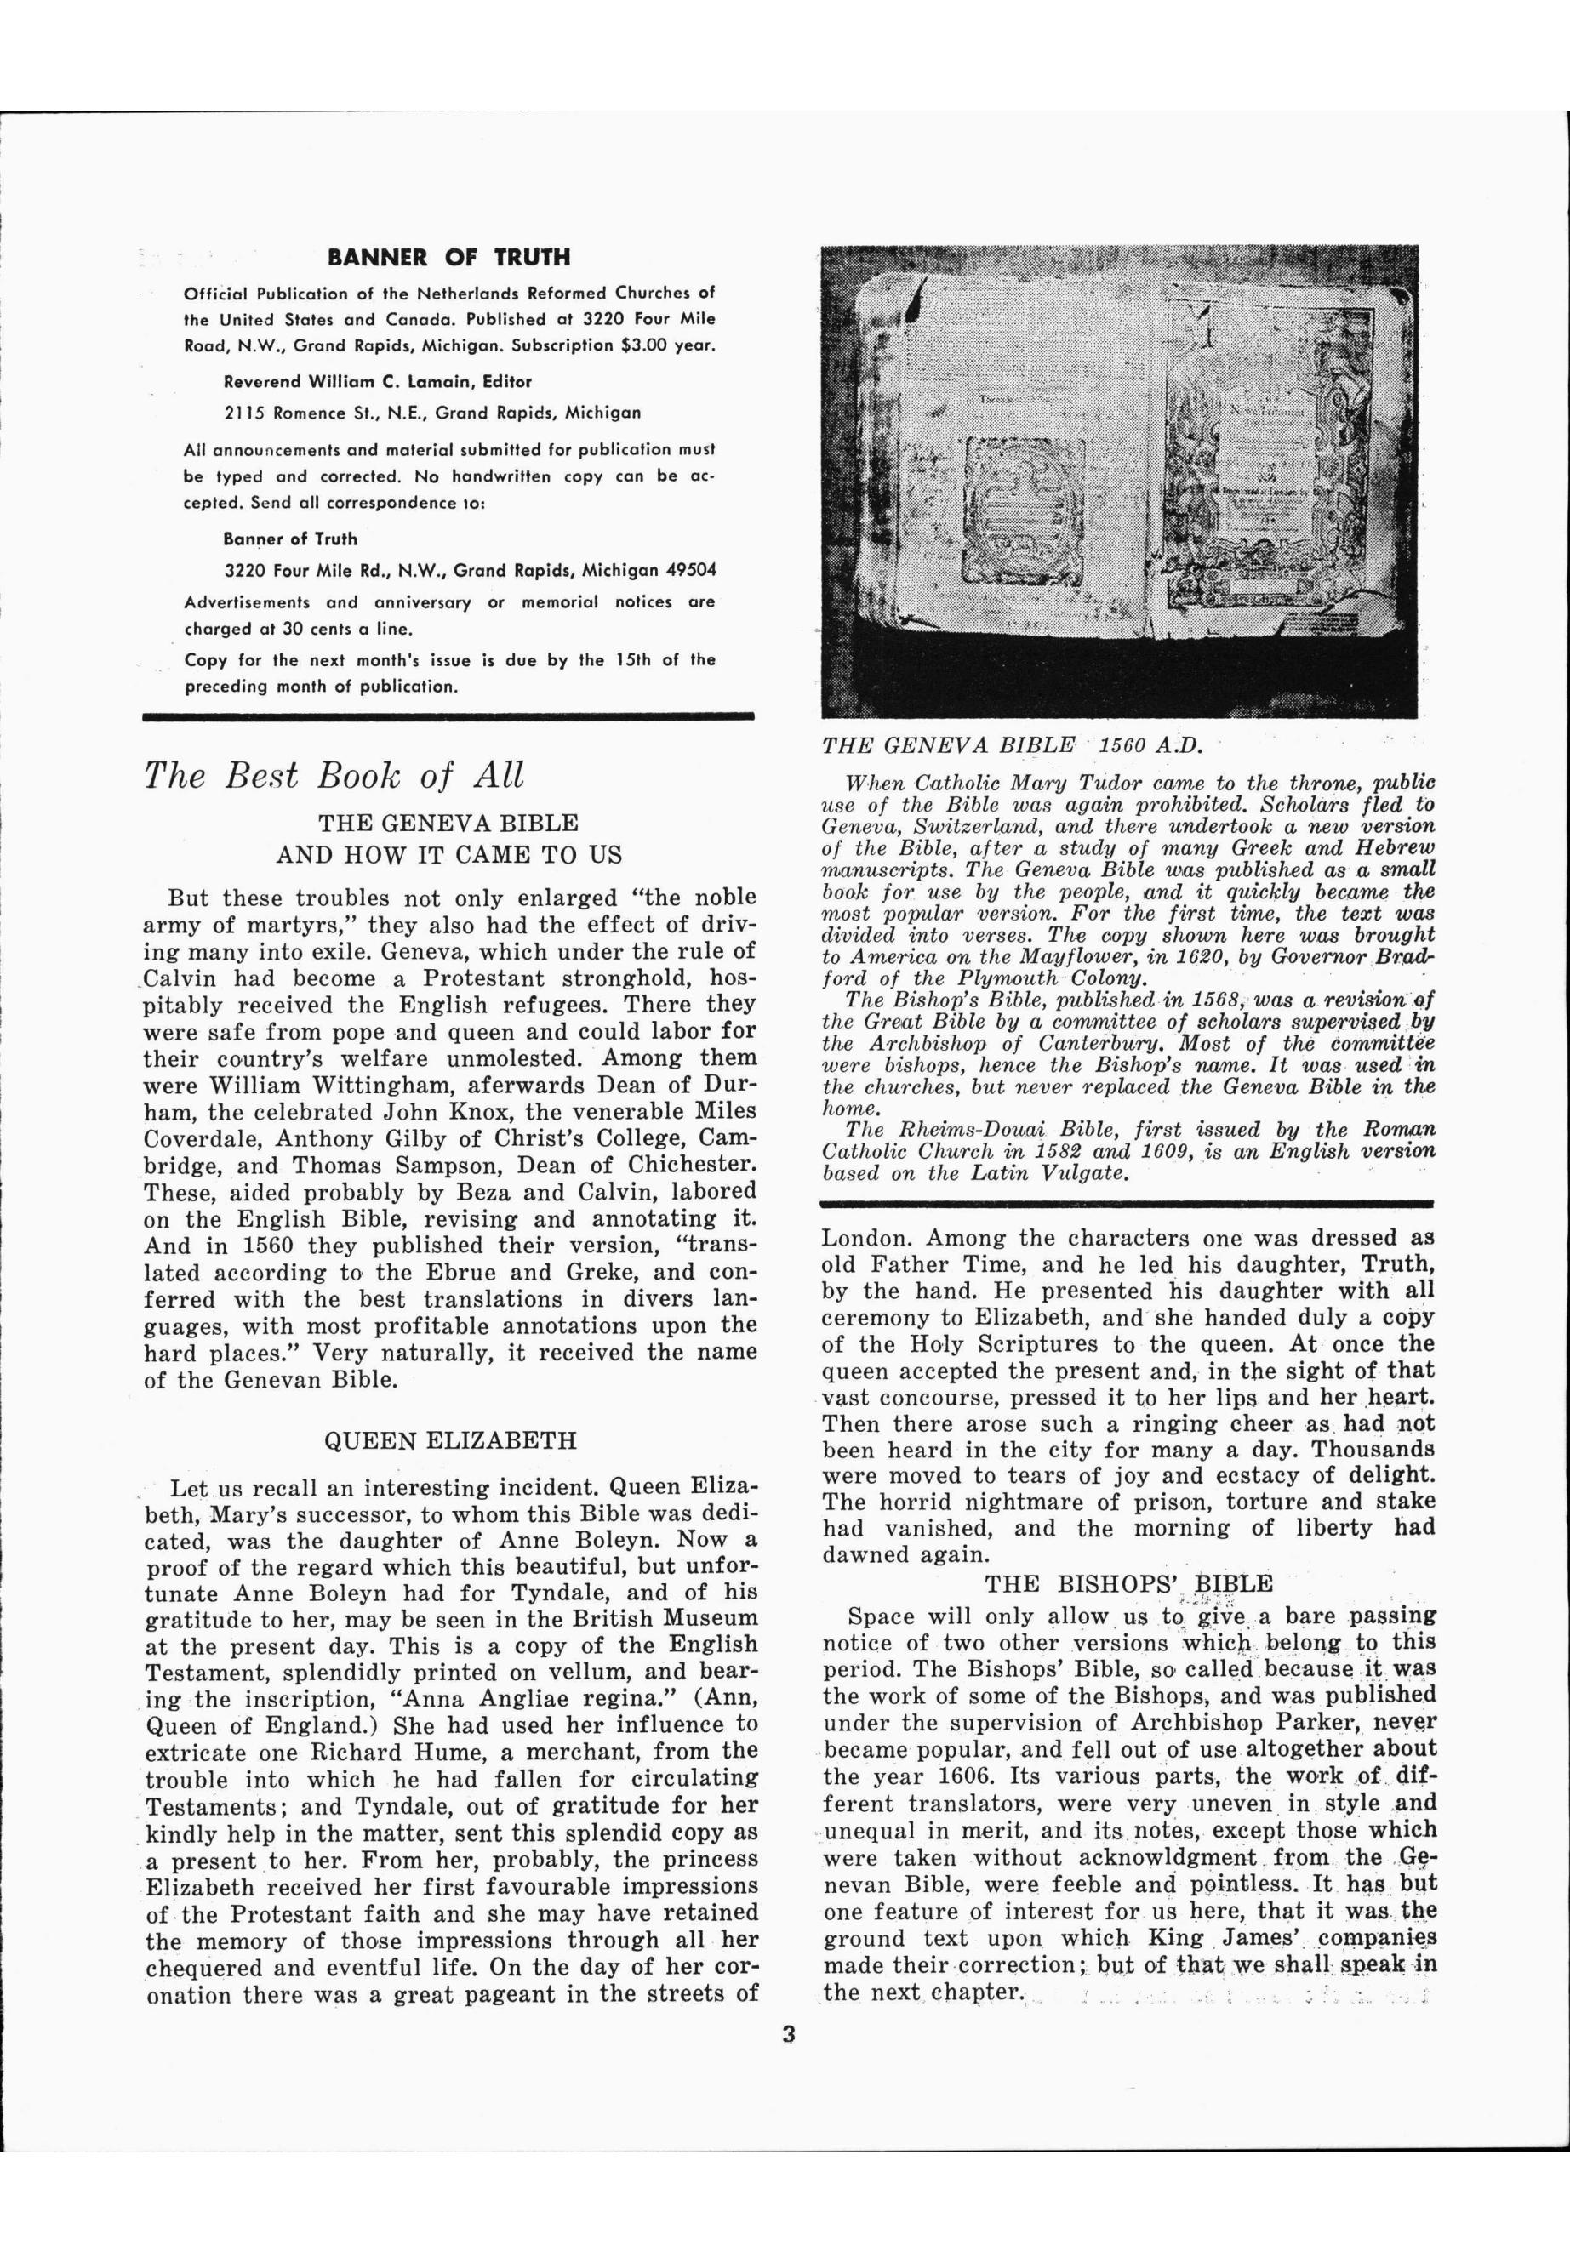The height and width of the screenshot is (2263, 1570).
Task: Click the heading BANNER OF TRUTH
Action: [x=448, y=258]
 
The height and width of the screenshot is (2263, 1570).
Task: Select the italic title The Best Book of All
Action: [x=334, y=776]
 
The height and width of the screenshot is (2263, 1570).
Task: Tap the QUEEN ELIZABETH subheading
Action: [x=449, y=1441]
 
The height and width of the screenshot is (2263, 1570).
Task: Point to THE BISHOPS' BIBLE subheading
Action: [x=1128, y=1582]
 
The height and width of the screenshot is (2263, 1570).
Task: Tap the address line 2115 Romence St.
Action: [x=433, y=413]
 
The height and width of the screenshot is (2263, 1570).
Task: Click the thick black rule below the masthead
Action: [x=448, y=717]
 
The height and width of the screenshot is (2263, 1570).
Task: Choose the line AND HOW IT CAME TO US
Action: [x=449, y=855]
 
